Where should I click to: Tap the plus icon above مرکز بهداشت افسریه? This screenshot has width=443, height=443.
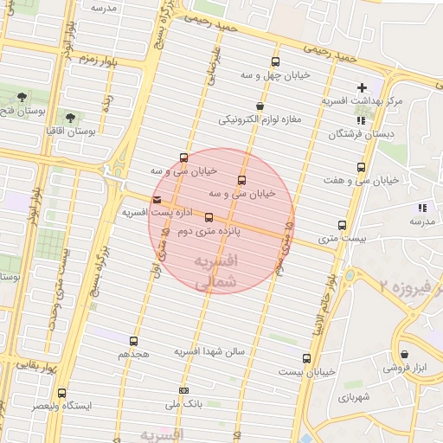coord(362,87)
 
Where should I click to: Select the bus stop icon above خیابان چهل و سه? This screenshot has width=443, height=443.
coord(275,61)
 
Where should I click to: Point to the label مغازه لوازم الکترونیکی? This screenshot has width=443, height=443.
coord(260,119)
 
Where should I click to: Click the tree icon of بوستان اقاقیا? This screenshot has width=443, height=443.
coord(69,116)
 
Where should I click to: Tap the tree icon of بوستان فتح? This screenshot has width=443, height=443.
coord(22,97)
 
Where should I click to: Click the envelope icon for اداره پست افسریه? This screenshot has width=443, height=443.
coord(156,199)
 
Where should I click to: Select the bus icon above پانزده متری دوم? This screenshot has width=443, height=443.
coord(209,218)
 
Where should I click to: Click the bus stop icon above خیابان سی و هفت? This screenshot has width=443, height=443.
coord(360,167)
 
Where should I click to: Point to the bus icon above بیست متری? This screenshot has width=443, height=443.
coord(342,225)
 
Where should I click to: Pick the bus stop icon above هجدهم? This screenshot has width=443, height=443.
coord(133,341)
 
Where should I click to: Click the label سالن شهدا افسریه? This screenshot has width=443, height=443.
coord(211,352)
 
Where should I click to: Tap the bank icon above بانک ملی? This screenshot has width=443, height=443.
coord(183,390)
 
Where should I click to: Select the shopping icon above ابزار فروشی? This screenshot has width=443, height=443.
coord(404,353)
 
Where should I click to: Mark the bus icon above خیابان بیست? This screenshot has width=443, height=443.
coord(306,358)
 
